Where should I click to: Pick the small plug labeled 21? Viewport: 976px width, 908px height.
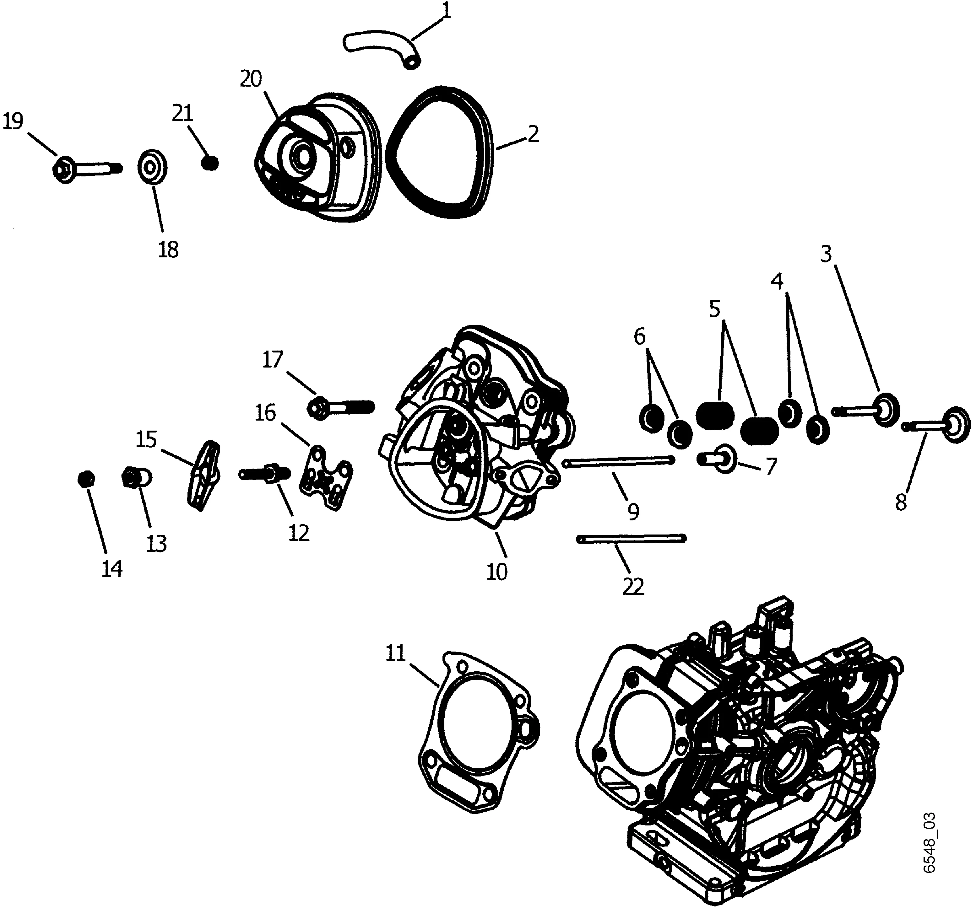click(x=210, y=163)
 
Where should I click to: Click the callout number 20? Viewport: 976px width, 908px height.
click(x=251, y=78)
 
